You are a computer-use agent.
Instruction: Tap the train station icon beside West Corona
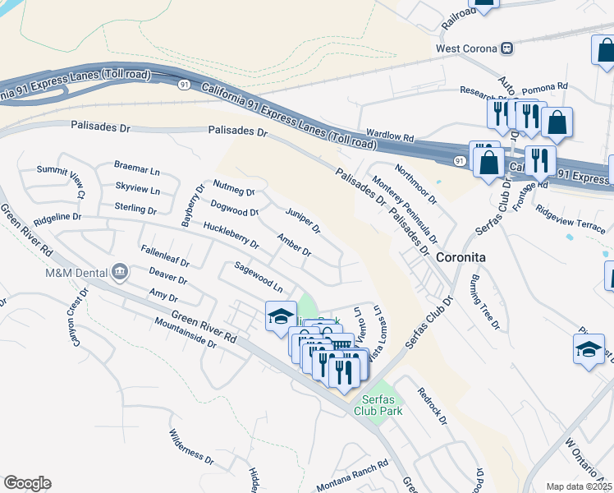[507, 48]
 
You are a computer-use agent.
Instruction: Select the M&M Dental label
[79, 271]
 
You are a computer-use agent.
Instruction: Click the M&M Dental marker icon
[120, 271]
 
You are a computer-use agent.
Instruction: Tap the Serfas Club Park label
[378, 405]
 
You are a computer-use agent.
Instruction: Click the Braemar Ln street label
[137, 171]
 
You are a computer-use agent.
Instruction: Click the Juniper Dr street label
[303, 220]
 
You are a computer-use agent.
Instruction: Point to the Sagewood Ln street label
[259, 278]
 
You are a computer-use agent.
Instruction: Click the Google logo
[27, 483]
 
